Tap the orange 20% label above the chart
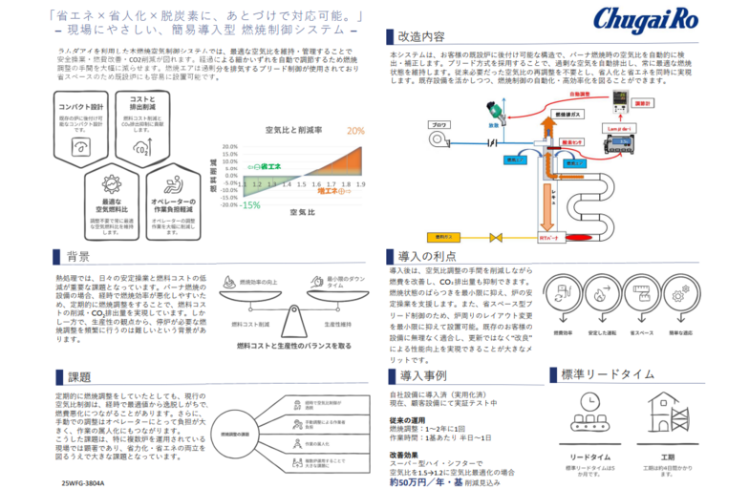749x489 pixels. pos(356,131)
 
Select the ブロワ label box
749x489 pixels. pos(439,125)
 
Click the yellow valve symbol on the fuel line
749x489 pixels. pos(495,236)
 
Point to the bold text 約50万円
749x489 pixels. pos(415,480)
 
